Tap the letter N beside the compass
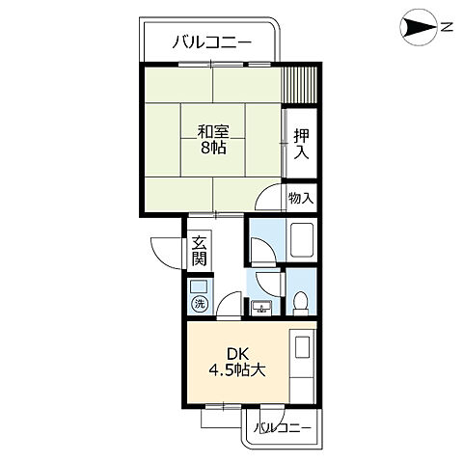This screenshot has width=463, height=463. (x=447, y=28)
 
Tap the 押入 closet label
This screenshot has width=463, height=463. (x=301, y=145)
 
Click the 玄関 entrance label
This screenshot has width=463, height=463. (x=199, y=250)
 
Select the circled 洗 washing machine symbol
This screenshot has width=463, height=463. (x=199, y=304)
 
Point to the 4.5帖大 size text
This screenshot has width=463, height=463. (x=237, y=370)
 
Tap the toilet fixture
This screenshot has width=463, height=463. (x=301, y=302)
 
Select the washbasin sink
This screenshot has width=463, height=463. (x=260, y=308)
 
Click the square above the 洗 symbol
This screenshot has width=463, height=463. (x=199, y=286)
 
